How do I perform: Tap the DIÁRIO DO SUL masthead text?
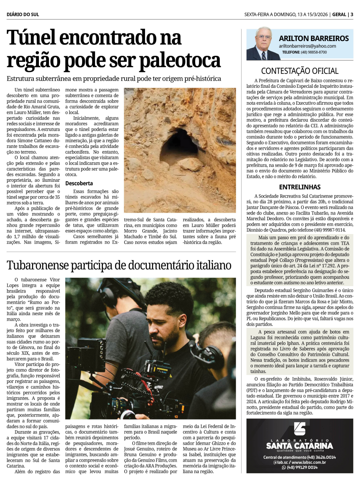[23, 14]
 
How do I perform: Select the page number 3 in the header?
[352, 14]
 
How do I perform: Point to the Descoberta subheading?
[79, 183]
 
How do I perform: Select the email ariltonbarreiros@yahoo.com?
[307, 46]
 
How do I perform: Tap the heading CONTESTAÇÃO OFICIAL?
[300, 71]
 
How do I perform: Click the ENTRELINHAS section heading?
[300, 187]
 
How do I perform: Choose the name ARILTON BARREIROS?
[314, 38]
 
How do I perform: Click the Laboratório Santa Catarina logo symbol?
[300, 429]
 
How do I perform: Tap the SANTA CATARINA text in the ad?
[300, 446]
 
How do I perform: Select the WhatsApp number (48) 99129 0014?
[302, 467]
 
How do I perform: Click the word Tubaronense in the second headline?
[37, 265]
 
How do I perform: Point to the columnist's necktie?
[264, 56]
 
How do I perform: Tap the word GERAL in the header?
[339, 14]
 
